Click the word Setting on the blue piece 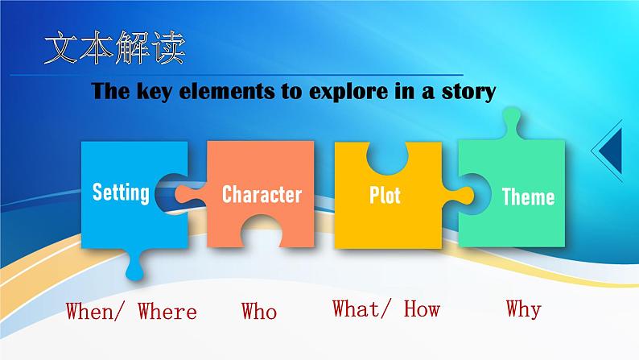point(121,192)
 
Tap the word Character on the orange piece point(262,194)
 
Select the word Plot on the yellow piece point(385,195)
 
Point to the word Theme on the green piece point(528,197)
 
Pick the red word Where point(167,311)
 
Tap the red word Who point(259,311)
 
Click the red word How point(422,308)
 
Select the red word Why point(524,308)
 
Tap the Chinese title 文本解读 point(115,48)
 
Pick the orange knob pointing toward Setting point(189,194)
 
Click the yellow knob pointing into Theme point(459,195)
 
